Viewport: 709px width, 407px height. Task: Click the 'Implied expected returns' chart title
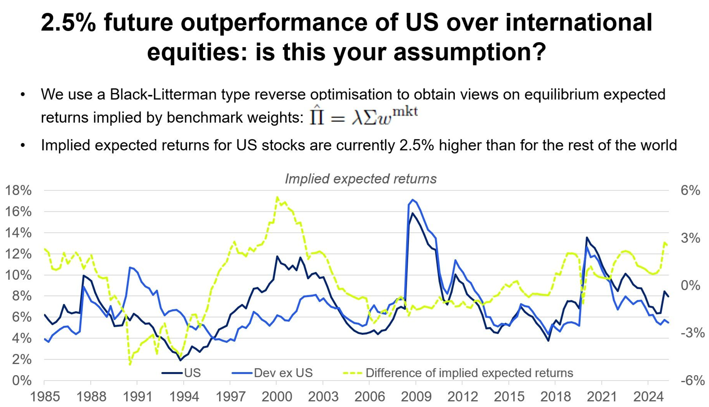(361, 179)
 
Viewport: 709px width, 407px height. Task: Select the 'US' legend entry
(192, 373)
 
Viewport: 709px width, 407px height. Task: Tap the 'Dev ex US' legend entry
(283, 373)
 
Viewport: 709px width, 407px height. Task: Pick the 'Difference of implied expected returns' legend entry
(469, 373)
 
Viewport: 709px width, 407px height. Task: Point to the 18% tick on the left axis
(18, 191)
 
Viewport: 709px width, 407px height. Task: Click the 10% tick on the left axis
(18, 275)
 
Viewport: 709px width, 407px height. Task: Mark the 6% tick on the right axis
(690, 191)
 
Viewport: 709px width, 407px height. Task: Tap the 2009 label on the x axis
(416, 397)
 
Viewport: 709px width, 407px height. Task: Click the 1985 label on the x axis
(44, 397)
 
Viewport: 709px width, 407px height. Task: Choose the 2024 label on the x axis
(648, 397)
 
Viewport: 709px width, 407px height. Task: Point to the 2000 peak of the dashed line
(277, 197)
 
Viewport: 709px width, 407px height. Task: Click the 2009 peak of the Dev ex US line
(413, 200)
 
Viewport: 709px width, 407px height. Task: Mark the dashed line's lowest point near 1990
(130, 364)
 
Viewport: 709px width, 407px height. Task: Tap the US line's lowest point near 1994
(181, 360)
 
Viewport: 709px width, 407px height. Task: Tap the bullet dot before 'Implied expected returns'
(23, 145)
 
